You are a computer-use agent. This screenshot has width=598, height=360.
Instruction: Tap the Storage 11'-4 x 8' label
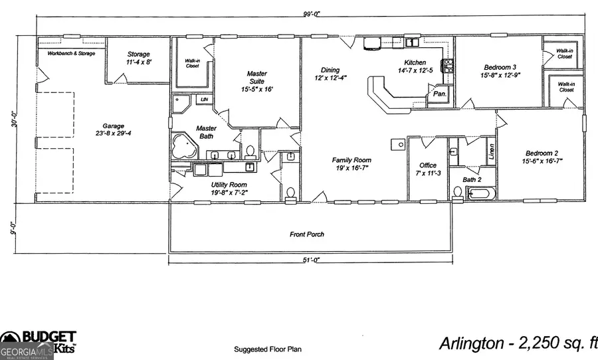pyautogui.click(x=139, y=58)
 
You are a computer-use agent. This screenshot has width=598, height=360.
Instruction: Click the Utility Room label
pyautogui.click(x=229, y=189)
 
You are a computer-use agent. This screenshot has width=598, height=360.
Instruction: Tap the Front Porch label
pyautogui.click(x=306, y=234)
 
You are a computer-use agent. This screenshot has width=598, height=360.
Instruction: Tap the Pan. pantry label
pyautogui.click(x=439, y=94)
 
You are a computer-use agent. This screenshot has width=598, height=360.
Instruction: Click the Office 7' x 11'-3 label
pyautogui.click(x=427, y=169)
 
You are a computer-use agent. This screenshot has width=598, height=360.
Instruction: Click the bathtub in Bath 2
pyautogui.click(x=480, y=193)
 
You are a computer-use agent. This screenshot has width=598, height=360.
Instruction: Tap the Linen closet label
pyautogui.click(x=491, y=153)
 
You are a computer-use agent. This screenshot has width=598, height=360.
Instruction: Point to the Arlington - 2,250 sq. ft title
pyautogui.click(x=518, y=343)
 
